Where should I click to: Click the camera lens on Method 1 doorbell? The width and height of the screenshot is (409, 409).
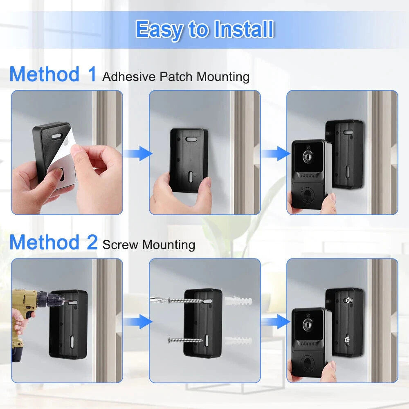point(307,157)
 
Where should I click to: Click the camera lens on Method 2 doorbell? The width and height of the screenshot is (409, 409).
point(307,325)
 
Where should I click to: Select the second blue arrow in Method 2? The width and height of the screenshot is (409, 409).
point(274,321)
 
